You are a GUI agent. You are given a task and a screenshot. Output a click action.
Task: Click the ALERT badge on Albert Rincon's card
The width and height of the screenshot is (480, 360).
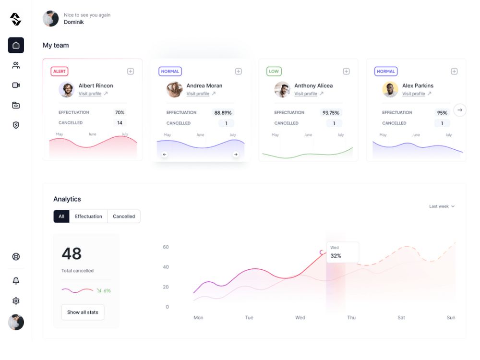coord(60,72)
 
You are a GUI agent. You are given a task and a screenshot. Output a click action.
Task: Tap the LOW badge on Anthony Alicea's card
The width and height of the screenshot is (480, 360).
coord(274,72)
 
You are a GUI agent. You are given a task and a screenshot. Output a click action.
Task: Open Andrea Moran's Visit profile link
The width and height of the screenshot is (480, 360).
coord(198,94)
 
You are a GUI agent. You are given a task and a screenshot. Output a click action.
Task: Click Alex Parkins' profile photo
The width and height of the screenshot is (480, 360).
coord(390,90)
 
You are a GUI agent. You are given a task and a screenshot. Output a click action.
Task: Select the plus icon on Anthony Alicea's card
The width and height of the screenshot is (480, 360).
coord(346,72)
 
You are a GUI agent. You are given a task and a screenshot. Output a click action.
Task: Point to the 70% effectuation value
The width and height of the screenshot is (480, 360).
coord(120,112)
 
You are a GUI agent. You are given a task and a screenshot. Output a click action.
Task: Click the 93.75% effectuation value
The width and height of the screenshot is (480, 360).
coord(331,113)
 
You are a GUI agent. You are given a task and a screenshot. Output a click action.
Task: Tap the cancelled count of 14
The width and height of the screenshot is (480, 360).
coord(120,123)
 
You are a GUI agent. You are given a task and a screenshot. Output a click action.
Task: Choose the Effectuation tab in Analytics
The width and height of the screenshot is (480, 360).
coord(88,216)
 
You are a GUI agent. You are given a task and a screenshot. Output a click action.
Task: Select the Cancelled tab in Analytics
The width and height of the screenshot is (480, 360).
coord(124,216)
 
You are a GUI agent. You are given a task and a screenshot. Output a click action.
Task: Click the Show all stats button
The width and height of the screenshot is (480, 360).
coord(83,312)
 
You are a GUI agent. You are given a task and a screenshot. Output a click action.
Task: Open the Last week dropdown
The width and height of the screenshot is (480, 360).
coord(442,206)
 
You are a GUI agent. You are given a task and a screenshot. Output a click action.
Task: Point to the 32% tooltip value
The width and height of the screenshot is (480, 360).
coord(336,256)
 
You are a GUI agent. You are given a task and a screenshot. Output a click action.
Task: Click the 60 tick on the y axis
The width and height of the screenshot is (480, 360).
coord(166,247)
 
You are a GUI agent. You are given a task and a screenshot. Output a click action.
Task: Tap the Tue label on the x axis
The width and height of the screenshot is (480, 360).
coord(249,318)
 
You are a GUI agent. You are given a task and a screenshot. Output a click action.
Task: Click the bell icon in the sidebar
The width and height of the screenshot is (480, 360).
coord(16,281)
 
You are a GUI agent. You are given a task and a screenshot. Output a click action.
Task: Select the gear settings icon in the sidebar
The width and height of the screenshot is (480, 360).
coord(16,301)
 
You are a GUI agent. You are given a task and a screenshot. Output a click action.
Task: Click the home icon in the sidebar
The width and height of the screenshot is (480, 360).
coord(16,45)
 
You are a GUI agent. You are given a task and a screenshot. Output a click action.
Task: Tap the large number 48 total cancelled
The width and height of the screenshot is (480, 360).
coord(72,253)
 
